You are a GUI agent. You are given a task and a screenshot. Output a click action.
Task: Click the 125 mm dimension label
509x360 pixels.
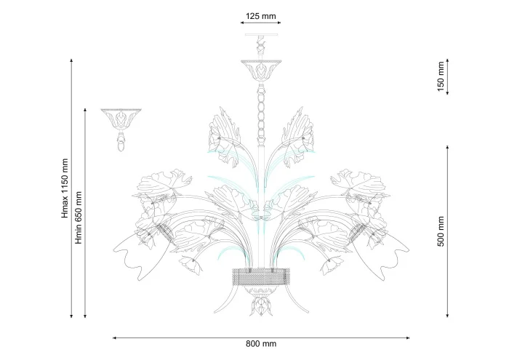[x=260, y=16]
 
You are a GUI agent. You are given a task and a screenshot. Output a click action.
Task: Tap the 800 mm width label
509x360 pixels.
[x=261, y=343]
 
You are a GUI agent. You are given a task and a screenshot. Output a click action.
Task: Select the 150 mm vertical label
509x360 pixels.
[x=441, y=76]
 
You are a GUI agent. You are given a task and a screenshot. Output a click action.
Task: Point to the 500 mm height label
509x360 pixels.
[x=441, y=231]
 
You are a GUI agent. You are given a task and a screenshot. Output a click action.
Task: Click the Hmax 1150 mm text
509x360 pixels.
[x=65, y=188]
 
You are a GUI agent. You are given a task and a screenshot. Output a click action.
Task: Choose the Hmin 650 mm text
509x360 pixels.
[x=79, y=217]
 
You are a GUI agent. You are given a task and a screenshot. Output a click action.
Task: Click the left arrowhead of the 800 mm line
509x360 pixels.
[x=114, y=338]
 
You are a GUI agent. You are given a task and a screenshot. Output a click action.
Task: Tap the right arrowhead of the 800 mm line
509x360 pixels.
[x=407, y=338]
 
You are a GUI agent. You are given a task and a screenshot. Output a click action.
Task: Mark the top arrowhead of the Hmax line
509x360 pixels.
[x=71, y=60]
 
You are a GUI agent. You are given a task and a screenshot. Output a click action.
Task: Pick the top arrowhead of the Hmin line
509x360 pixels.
[x=85, y=111]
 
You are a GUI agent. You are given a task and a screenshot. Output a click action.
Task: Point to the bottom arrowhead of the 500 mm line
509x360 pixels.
[x=447, y=315]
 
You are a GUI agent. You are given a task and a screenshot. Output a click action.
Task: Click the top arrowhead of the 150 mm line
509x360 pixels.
[x=447, y=60]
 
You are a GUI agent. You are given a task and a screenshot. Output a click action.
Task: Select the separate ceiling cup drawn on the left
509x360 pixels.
[x=121, y=130]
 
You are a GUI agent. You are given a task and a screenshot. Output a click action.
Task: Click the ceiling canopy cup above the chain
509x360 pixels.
[x=261, y=70]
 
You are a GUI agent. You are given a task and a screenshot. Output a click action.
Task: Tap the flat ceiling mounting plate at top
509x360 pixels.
[x=262, y=33]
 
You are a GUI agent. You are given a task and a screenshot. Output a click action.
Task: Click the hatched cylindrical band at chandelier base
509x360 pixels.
[x=261, y=276]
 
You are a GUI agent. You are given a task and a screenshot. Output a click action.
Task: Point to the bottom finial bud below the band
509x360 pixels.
[x=260, y=305]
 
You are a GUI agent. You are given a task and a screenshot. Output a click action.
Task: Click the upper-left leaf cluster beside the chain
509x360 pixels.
[x=225, y=137]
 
